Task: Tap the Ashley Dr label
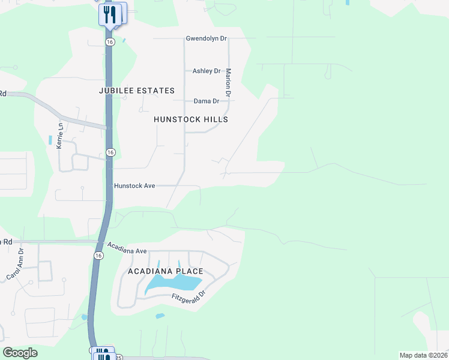click(206, 71)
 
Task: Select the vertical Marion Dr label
click(228, 83)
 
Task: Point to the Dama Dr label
click(205, 101)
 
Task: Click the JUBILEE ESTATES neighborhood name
click(137, 91)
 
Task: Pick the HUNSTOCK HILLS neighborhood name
click(191, 119)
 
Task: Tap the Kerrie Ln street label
click(59, 137)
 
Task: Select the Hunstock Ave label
click(134, 186)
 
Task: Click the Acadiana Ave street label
click(127, 248)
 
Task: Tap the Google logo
click(20, 353)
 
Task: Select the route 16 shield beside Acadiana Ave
click(98, 256)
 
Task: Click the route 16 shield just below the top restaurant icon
click(109, 42)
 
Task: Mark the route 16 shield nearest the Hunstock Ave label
click(110, 153)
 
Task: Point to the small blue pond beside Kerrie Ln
click(50, 140)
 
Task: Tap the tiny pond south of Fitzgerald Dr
click(160, 316)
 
